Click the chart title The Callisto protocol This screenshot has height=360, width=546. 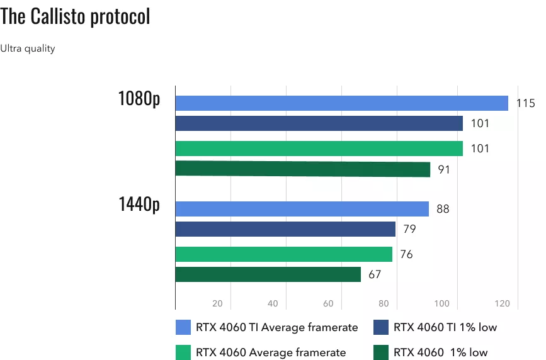coord(76,17)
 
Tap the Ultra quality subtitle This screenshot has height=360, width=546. coord(28,48)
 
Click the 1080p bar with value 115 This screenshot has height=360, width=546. coord(341,103)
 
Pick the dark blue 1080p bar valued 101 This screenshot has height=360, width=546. coord(319,123)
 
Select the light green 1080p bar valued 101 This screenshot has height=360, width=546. coord(319,149)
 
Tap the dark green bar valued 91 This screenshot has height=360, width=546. coord(302,169)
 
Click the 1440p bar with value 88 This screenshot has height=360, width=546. coord(302,209)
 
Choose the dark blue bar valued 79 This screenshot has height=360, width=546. coord(285,229)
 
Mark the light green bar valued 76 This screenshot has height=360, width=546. coord(283,254)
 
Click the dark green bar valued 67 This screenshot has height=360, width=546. coord(268,274)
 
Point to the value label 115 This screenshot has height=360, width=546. coord(525,103)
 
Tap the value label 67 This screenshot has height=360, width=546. coord(375,274)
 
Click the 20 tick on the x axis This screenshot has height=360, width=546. coord(217,304)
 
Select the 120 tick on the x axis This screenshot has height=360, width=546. coord(502,304)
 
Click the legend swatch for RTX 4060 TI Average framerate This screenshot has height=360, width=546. coord(183,327)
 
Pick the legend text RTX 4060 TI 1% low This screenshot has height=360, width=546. coord(445,327)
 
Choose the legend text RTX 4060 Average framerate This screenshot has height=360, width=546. coord(271,352)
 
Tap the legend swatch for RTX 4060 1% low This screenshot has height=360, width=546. coord(380,352)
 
